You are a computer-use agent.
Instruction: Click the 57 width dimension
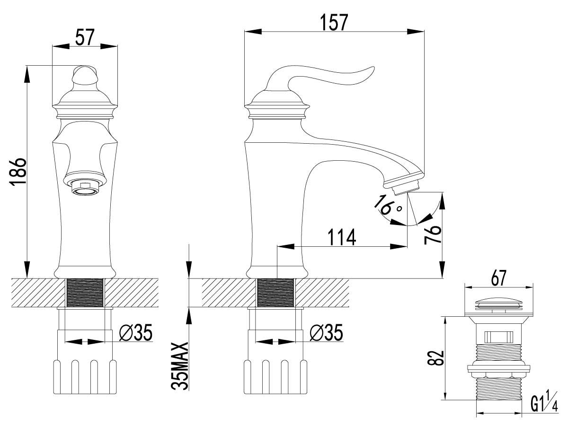(x=85, y=37)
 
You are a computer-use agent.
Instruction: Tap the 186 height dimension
(x=18, y=171)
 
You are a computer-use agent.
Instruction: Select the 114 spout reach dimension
(x=342, y=237)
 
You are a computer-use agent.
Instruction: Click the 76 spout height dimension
(x=433, y=234)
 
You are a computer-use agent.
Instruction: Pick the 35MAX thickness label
(x=179, y=370)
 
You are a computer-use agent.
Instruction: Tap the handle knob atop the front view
(x=85, y=76)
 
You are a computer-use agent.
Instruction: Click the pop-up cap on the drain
(x=499, y=307)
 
